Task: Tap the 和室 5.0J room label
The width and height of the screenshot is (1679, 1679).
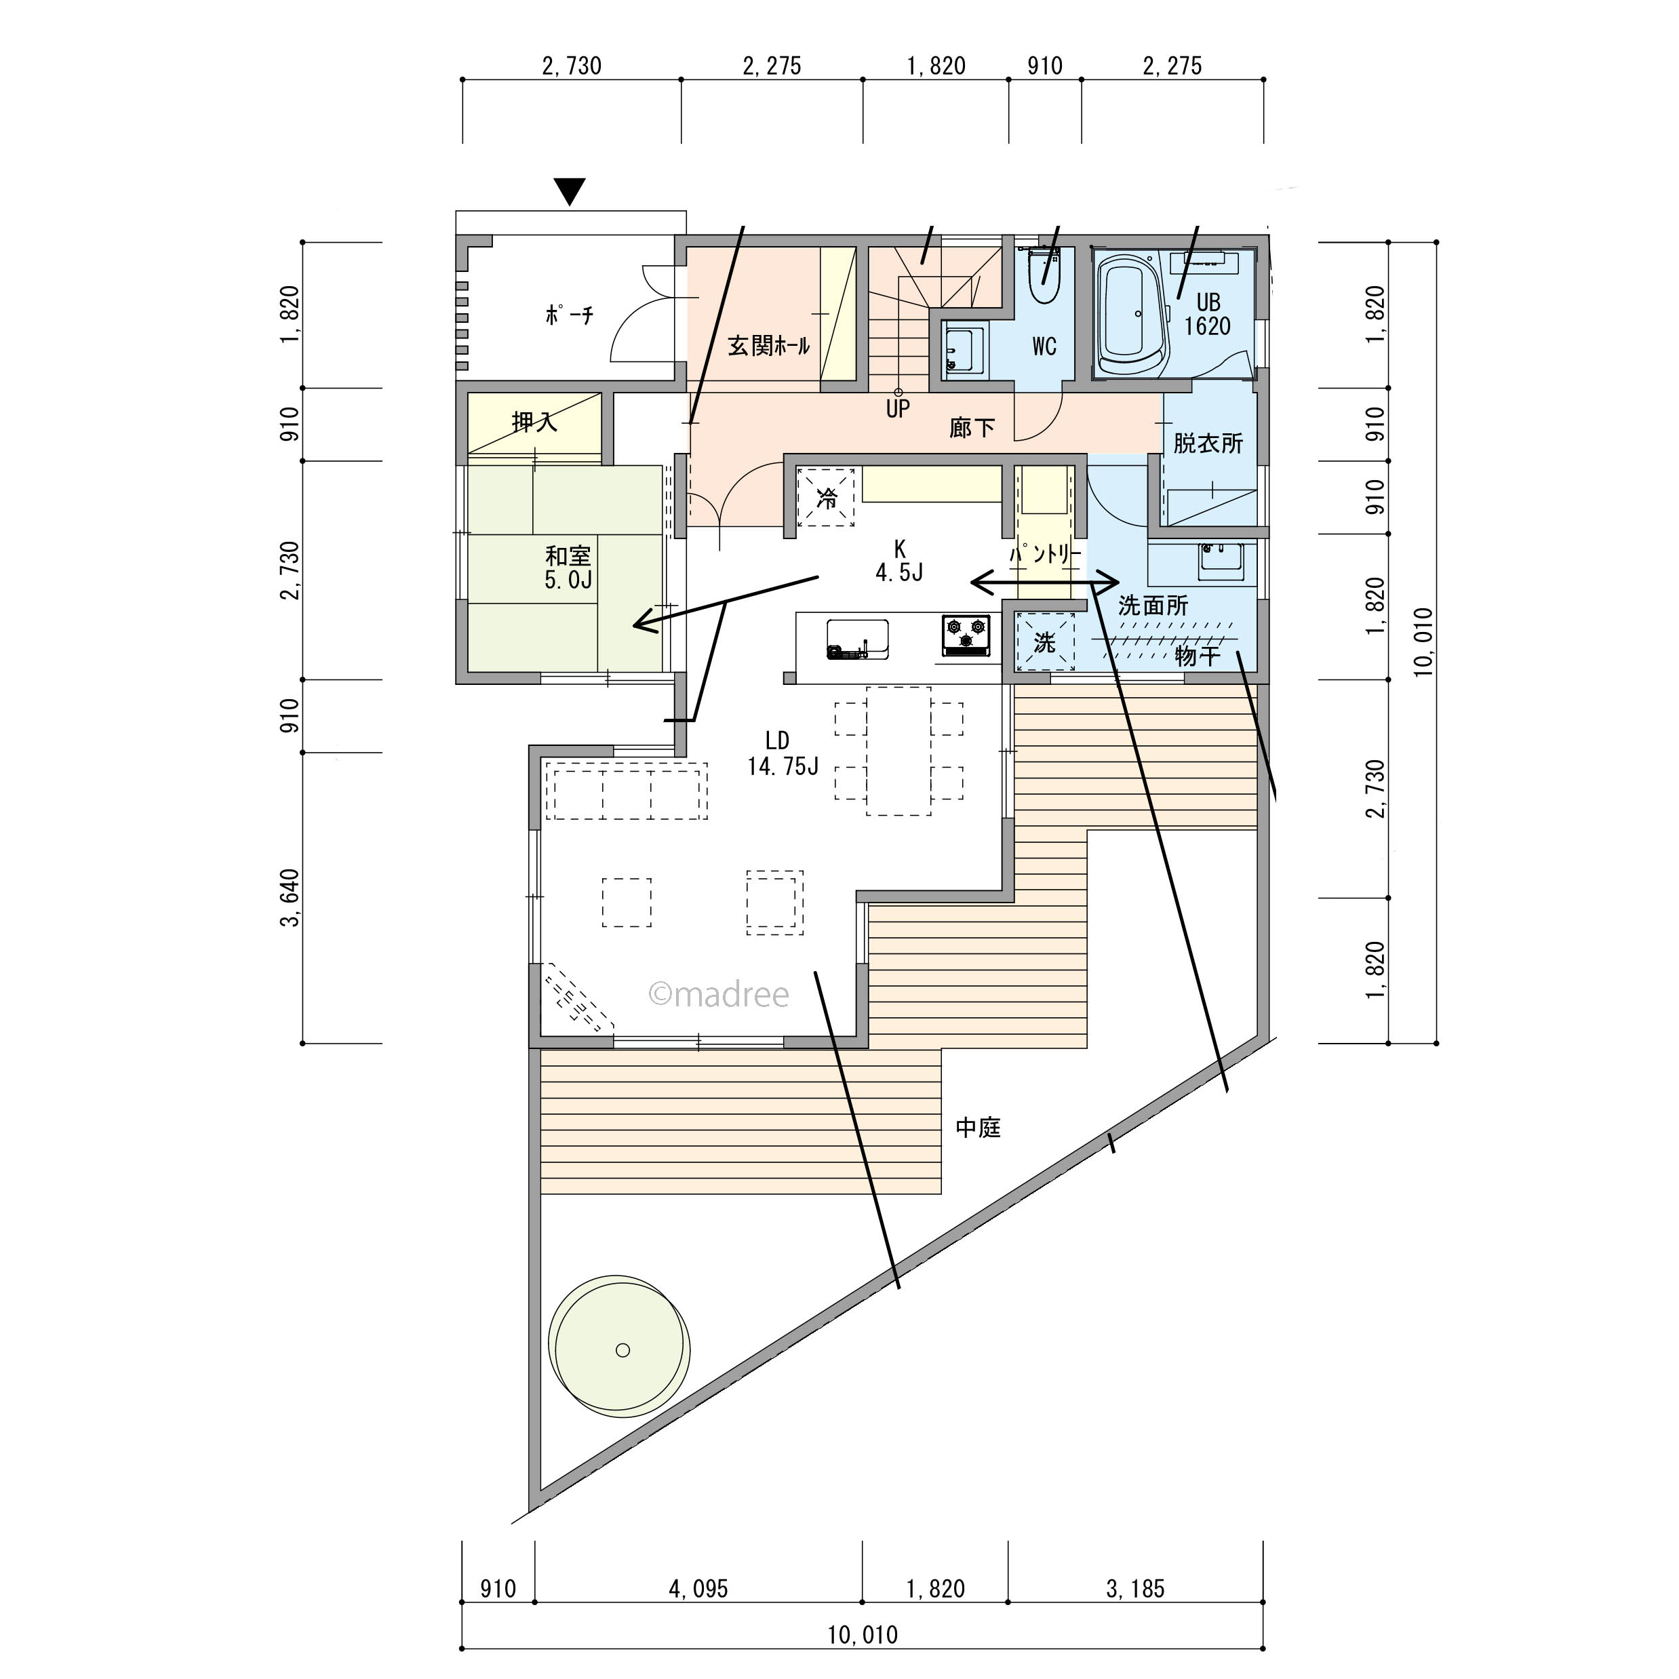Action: pyautogui.click(x=568, y=568)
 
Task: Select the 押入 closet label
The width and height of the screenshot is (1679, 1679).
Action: pyautogui.click(x=534, y=422)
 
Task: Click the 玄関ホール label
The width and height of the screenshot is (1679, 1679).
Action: pyautogui.click(x=768, y=346)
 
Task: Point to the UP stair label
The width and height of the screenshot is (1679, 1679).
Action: pyautogui.click(x=898, y=408)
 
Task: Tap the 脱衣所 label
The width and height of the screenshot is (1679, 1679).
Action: pyautogui.click(x=1208, y=443)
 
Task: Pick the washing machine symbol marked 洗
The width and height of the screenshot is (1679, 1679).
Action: pyautogui.click(x=1044, y=642)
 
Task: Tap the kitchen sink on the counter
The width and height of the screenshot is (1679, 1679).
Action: pyautogui.click(x=857, y=639)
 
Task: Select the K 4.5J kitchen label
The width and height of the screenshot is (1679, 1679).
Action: pyautogui.click(x=899, y=561)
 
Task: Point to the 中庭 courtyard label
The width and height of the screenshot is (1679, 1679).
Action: pyautogui.click(x=978, y=1128)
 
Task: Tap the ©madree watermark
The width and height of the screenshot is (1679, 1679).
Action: pyautogui.click(x=719, y=994)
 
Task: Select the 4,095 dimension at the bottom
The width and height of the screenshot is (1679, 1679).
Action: pyautogui.click(x=698, y=1589)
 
